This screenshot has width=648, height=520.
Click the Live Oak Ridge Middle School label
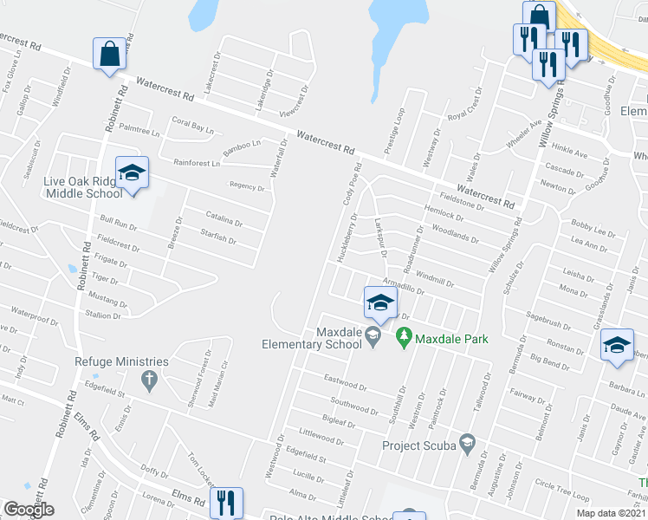pyautogui.click(x=84, y=187)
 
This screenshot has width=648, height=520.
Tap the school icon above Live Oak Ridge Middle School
pyautogui.click(x=132, y=173)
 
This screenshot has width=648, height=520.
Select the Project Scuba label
pyautogui.click(x=420, y=445)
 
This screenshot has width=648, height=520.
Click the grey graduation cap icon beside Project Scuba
pyautogui.click(x=468, y=445)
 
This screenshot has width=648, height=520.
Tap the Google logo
pyautogui.click(x=29, y=510)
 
